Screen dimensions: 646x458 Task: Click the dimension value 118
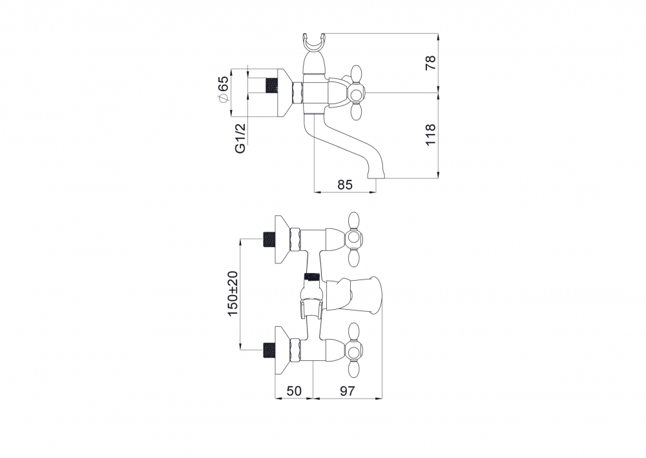pos(430,134)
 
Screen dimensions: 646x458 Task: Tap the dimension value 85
pos(345,184)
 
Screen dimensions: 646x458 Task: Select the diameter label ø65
pos(222,91)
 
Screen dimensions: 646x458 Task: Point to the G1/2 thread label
pos(240,138)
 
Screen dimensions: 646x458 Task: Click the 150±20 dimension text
pos(233,294)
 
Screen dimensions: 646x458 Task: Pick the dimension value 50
pos(294,390)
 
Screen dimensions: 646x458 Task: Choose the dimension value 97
pos(348,390)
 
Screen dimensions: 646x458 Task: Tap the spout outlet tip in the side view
pos(376,177)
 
